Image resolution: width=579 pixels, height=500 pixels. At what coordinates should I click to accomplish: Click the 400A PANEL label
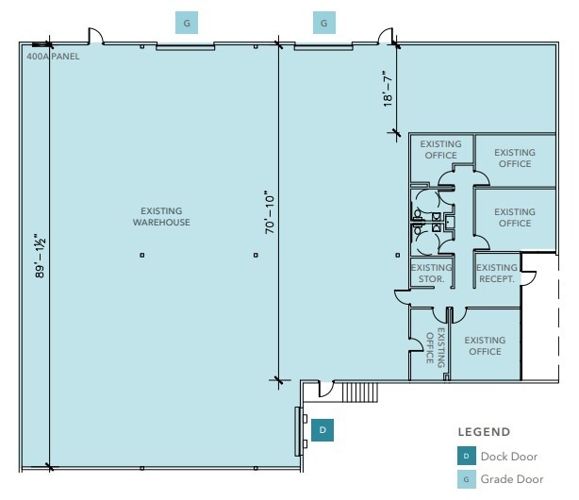coord(53,57)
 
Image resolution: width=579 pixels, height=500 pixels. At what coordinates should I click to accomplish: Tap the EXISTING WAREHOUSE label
coord(161,217)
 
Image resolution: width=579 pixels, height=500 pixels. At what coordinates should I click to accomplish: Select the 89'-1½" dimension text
coord(40,256)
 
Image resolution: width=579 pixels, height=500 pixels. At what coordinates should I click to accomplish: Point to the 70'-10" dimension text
coord(270,212)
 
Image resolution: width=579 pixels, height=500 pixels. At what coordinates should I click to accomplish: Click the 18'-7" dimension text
coord(388,89)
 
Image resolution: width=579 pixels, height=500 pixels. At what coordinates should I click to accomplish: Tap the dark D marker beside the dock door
coord(323,430)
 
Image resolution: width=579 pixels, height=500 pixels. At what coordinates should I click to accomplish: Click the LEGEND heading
coord(484,432)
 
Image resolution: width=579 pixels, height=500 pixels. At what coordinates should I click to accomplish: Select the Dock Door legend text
coord(509,457)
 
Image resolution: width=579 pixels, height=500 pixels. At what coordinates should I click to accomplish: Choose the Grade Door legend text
coord(512,479)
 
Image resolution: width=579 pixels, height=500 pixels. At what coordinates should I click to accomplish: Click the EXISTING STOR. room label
coord(431,273)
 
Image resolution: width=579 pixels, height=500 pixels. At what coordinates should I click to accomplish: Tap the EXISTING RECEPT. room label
coord(497,273)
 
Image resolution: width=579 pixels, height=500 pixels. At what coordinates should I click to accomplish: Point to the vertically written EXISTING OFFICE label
coord(436,347)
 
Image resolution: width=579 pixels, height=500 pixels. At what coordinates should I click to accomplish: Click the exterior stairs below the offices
coord(360,392)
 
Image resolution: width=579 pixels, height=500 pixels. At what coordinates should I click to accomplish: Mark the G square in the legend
coord(467,479)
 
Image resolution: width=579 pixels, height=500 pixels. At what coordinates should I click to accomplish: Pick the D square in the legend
coord(467,456)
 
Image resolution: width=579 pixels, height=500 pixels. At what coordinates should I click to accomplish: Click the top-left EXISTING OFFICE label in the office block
coord(440,149)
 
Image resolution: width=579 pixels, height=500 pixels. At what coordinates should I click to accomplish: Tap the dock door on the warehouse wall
coord(298,431)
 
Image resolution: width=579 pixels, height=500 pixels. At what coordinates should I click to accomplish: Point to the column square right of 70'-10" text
coord(398,255)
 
